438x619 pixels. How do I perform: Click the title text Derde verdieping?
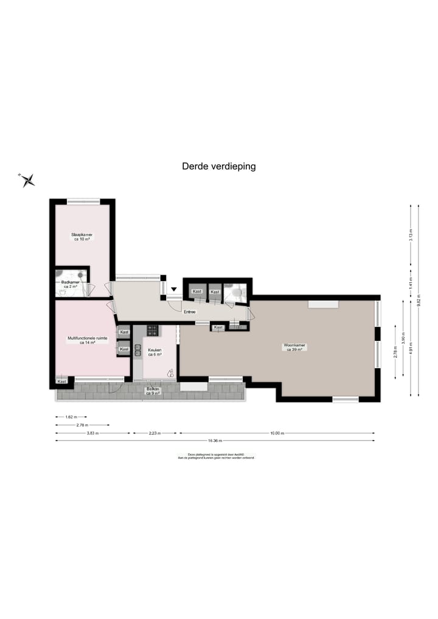[219, 166]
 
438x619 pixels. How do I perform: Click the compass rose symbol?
[27, 179]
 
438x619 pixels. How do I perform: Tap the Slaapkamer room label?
[82, 237]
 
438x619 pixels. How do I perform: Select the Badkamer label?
[70, 284]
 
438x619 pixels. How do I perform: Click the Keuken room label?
[155, 352]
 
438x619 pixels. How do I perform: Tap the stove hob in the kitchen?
[152, 330]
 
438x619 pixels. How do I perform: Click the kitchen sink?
[138, 351]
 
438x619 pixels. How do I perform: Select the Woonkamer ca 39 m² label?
[294, 348]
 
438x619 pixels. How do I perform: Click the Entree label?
[190, 312]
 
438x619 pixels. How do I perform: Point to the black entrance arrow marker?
[174, 290]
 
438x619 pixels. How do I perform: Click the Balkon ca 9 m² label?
[152, 391]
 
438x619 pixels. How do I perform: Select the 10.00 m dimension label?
[277, 433]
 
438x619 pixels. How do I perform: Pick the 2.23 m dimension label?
[155, 433]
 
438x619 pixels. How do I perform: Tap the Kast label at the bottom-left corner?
[61, 382]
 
